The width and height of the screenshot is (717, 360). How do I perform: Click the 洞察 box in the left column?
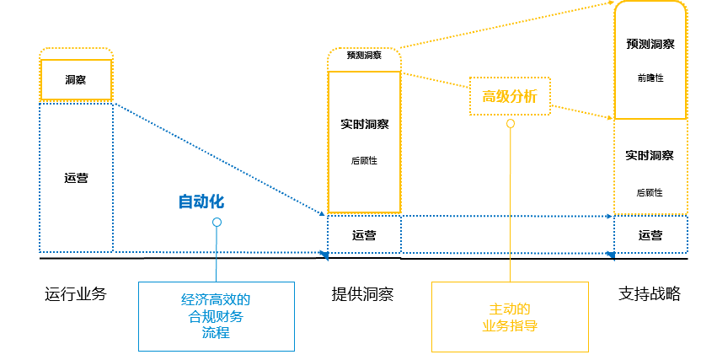click(x=75, y=80)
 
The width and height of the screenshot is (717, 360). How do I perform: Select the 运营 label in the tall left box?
click(x=76, y=178)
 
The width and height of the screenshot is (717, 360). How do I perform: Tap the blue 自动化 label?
click(x=201, y=202)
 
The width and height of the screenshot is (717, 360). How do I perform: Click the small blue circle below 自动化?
click(x=217, y=223)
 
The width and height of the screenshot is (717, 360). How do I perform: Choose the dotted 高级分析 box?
click(x=509, y=96)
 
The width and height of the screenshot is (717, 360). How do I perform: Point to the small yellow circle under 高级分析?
click(x=510, y=123)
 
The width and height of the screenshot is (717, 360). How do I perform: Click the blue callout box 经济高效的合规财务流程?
click(x=216, y=316)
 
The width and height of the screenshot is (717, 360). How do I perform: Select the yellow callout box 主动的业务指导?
click(x=509, y=316)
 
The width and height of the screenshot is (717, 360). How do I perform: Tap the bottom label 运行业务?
click(x=76, y=294)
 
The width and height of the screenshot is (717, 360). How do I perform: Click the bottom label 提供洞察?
click(x=363, y=294)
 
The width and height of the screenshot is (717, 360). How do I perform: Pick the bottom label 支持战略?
click(x=650, y=294)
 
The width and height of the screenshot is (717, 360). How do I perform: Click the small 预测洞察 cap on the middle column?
click(x=364, y=56)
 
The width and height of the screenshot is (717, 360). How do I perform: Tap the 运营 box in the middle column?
click(x=364, y=235)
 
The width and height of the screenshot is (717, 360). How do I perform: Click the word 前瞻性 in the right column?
click(x=650, y=78)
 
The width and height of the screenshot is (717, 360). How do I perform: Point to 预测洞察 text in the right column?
click(x=650, y=44)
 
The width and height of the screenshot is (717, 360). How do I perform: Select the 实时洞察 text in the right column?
click(x=650, y=156)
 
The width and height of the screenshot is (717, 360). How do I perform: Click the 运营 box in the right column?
click(x=650, y=235)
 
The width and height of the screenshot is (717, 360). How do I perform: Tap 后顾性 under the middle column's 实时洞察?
click(x=364, y=160)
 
